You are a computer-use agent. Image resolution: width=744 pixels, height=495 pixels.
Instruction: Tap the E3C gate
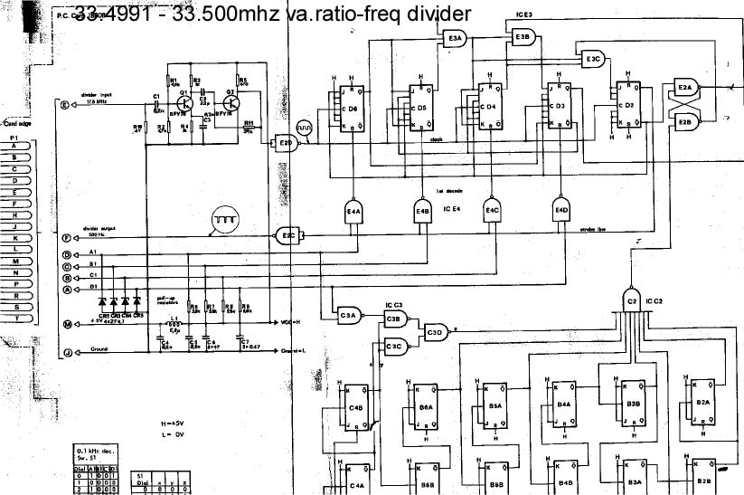tap(591, 59)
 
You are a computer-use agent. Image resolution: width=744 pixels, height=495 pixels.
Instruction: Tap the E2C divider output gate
tap(287, 235)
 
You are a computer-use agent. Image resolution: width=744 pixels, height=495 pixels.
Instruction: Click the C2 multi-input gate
tap(632, 300)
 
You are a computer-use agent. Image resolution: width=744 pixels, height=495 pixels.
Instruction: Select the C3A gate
tap(348, 315)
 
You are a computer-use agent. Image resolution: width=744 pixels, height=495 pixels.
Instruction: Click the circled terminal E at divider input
tap(64, 105)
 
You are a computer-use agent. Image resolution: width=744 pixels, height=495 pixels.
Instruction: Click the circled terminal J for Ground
tap(66, 351)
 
